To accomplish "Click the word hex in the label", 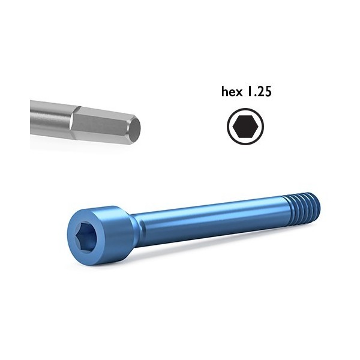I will point(233,92).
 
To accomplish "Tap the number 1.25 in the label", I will point(260,92).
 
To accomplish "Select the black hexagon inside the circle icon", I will point(246,127).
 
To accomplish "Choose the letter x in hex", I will point(240,94).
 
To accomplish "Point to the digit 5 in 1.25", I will point(270,92).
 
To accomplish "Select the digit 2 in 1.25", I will point(262,92).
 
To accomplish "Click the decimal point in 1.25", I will point(256,96).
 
